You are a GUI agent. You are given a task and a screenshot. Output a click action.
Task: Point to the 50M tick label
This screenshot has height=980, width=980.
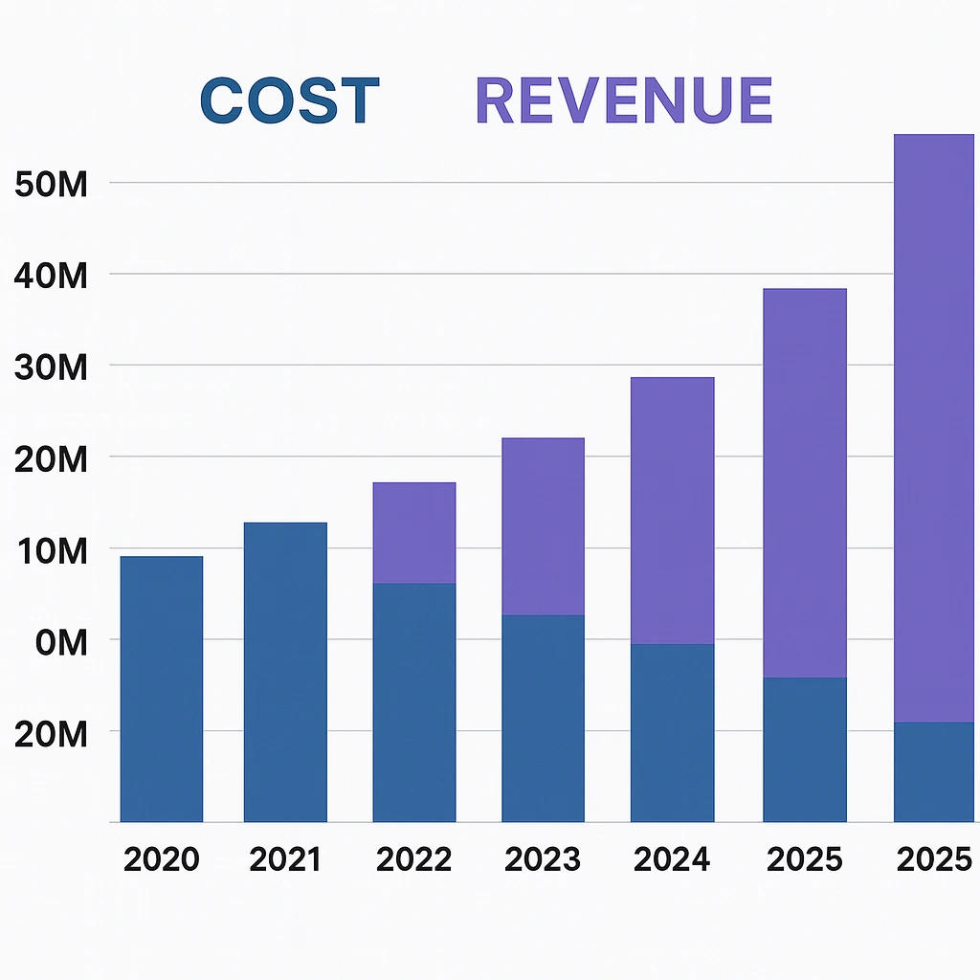coord(52,184)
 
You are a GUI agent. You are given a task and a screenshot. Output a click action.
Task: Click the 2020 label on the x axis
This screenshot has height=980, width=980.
coord(162,859)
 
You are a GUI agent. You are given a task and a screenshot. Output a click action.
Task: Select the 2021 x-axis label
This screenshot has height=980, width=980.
coord(285,859)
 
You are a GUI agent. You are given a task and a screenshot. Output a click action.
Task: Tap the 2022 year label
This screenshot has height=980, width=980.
coord(413,859)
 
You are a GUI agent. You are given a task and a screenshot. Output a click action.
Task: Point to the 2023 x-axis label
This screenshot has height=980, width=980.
coord(543,859)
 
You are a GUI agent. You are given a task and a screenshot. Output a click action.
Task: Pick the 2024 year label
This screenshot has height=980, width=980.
coord(672,859)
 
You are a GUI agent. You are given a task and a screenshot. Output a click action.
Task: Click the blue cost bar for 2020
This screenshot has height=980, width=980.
coord(162,689)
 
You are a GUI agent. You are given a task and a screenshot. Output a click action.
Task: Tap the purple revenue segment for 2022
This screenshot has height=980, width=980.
coord(413,533)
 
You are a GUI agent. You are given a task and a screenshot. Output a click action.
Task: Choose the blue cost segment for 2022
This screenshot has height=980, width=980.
coord(413,702)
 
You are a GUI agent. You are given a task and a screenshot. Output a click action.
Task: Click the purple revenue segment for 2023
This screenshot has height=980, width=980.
coord(543,526)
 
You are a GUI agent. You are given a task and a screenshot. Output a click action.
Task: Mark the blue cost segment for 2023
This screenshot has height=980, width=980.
coord(543,718)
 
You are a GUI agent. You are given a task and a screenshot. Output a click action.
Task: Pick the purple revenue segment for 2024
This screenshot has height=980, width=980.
coord(672,510)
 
